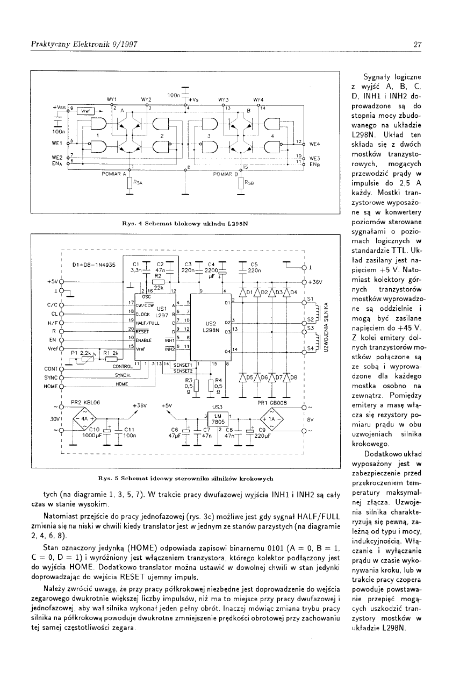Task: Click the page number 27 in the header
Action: pyautogui.click(x=417, y=45)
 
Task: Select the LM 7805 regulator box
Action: pyautogui.click(x=217, y=418)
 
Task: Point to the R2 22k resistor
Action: pyautogui.click(x=158, y=282)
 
